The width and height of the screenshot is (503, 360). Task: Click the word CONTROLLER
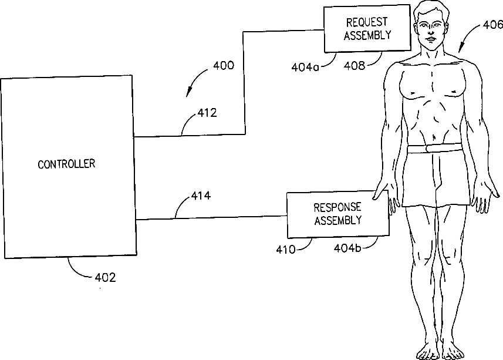66,164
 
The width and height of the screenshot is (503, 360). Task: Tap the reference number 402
105,278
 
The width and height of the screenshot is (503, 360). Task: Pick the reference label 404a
305,66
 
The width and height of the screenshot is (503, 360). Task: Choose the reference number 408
354,66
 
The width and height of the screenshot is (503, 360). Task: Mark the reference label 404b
348,248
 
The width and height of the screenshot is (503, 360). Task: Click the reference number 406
492,25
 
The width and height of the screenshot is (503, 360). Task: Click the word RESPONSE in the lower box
337,208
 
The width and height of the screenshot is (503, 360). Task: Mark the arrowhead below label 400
189,92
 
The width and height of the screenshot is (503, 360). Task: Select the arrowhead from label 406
460,52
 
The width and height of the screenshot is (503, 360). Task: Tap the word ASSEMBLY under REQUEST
367,35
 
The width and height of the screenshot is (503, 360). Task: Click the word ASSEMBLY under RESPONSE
337,221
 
